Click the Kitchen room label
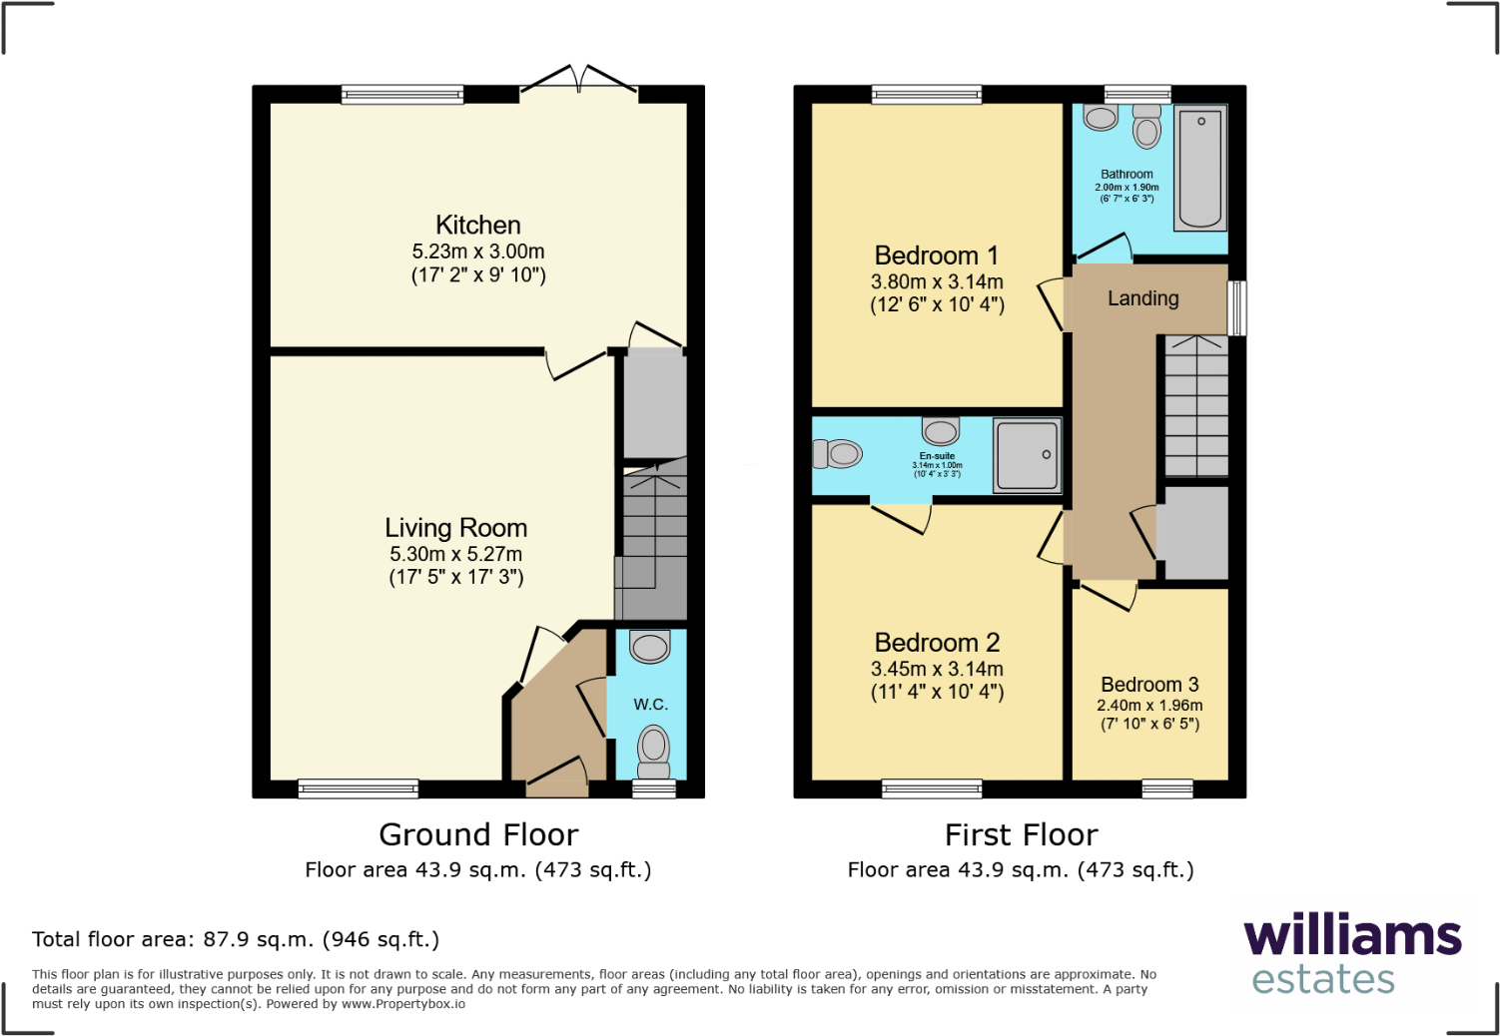[477, 226]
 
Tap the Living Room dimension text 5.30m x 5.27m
[455, 554]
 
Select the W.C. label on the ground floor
[650, 705]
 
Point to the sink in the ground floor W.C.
[650, 647]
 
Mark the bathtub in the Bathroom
[1199, 167]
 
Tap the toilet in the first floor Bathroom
[1147, 127]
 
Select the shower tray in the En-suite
[1026, 455]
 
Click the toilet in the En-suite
[837, 454]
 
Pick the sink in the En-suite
[940, 431]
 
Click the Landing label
[1142, 298]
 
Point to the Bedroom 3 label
[1149, 685]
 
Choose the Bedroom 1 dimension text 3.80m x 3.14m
[937, 282]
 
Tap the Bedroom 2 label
[937, 643]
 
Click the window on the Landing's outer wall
[1237, 307]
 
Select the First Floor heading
[1021, 834]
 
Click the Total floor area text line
[236, 939]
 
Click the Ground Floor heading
[478, 834]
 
